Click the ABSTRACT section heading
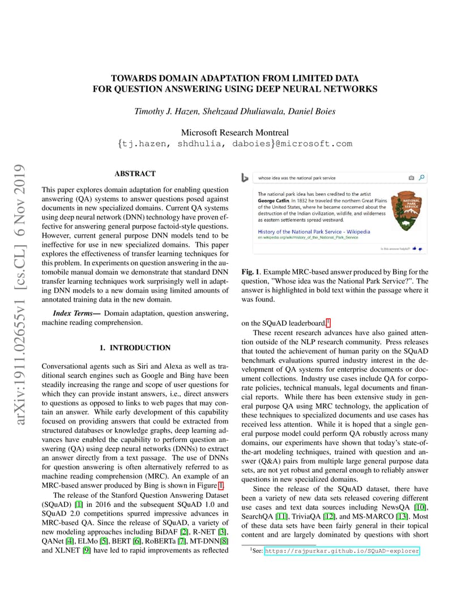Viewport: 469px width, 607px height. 135,174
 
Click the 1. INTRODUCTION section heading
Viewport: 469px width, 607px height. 135,348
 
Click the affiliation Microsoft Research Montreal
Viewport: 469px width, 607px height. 234,132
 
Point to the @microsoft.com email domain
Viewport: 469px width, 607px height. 314,144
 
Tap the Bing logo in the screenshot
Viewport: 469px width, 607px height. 245,178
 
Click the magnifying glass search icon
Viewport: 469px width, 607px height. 421,178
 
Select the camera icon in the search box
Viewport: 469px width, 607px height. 411,178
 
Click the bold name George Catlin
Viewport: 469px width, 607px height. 274,200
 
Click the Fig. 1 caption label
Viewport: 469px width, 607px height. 250,272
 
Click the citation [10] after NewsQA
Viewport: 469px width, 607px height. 420,507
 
